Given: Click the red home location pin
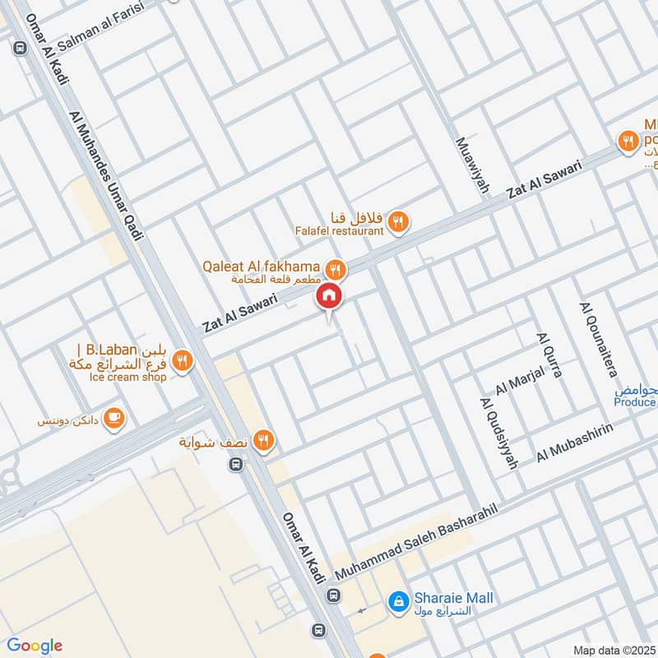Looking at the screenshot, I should click(328, 295).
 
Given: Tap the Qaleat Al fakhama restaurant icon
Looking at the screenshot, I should click(335, 268).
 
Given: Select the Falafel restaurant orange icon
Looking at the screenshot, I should click(398, 220).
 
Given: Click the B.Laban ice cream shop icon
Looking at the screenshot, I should click(183, 359).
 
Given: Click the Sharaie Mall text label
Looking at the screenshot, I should click(453, 598).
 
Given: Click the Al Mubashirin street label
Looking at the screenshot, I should click(576, 443).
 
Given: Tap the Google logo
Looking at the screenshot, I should click(34, 645).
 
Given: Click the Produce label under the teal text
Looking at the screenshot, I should click(634, 401).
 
